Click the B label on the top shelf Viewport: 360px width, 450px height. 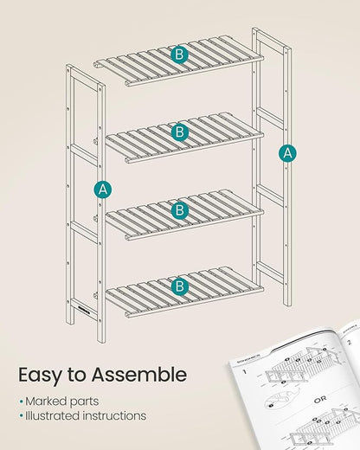179,55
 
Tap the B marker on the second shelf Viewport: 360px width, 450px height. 180,132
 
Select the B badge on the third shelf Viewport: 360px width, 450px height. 180,209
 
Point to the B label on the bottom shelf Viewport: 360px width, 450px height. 180,286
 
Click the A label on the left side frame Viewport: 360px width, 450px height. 104,189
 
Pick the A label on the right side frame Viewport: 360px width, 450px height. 288,153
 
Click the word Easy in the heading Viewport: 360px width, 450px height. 43,375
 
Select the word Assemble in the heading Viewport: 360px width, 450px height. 142,375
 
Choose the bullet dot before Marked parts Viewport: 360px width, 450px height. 21,401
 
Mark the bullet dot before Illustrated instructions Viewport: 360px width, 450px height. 21,416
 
